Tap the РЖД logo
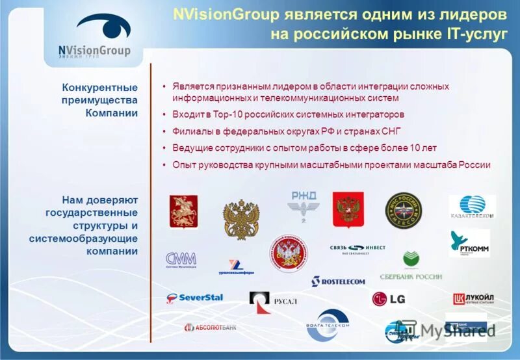point(304,203)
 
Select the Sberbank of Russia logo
point(411,266)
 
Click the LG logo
point(388,298)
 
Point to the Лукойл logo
point(473,298)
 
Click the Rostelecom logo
point(339,281)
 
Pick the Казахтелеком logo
point(472,207)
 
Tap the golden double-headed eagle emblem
point(241,219)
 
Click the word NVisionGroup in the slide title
point(227,14)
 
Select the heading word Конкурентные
point(100,87)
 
